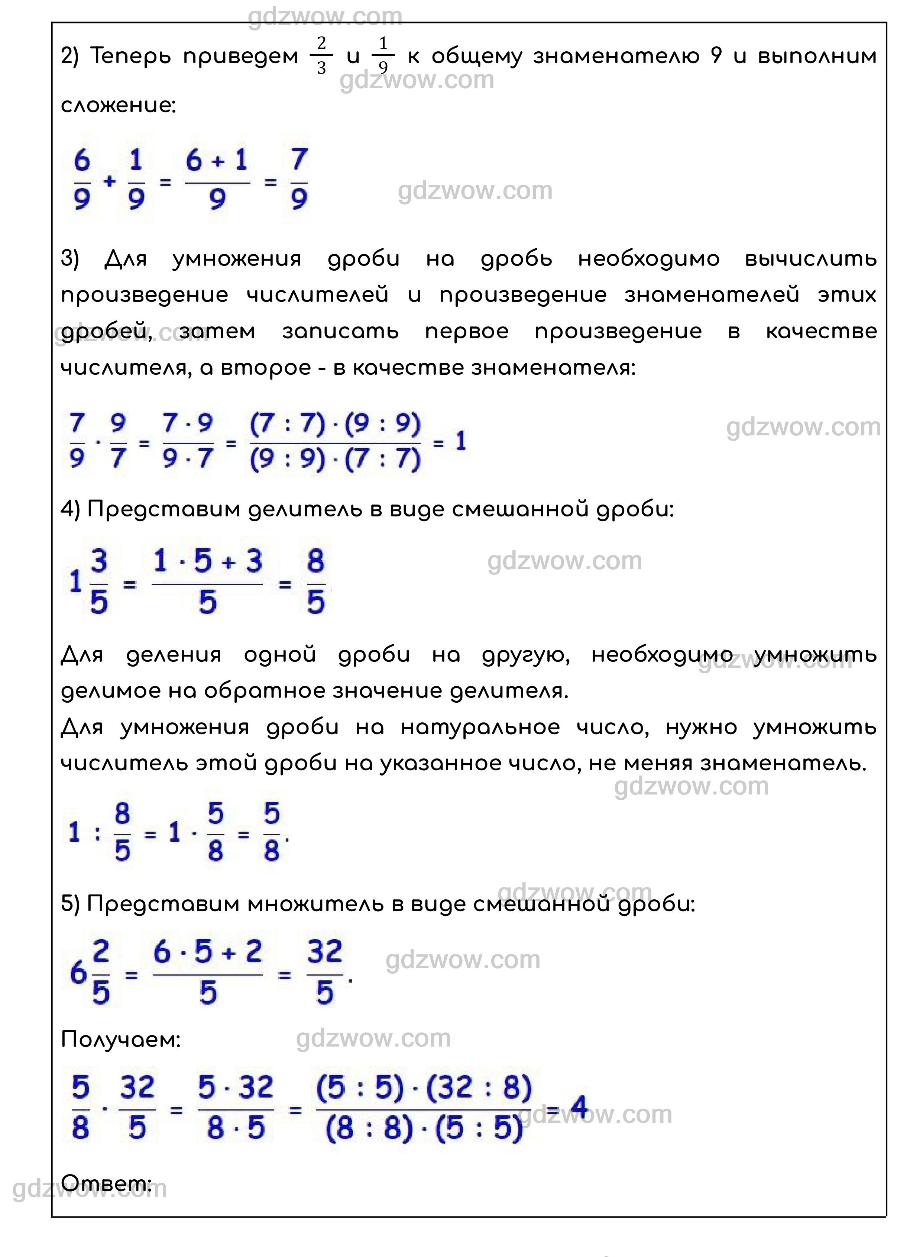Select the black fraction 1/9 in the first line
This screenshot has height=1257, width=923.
click(383, 56)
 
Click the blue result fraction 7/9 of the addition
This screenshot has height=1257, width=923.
click(299, 180)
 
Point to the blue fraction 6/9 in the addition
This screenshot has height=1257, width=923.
click(82, 180)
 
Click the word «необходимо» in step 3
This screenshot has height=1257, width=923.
click(649, 260)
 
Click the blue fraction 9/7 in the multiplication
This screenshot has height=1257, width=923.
click(118, 443)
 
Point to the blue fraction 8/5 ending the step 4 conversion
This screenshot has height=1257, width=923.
click(316, 582)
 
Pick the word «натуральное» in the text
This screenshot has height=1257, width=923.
click(480, 727)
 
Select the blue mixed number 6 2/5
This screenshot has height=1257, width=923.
click(90, 973)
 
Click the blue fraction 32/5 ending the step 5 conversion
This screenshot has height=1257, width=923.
click(324, 973)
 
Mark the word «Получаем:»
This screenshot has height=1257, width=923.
click(121, 1040)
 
